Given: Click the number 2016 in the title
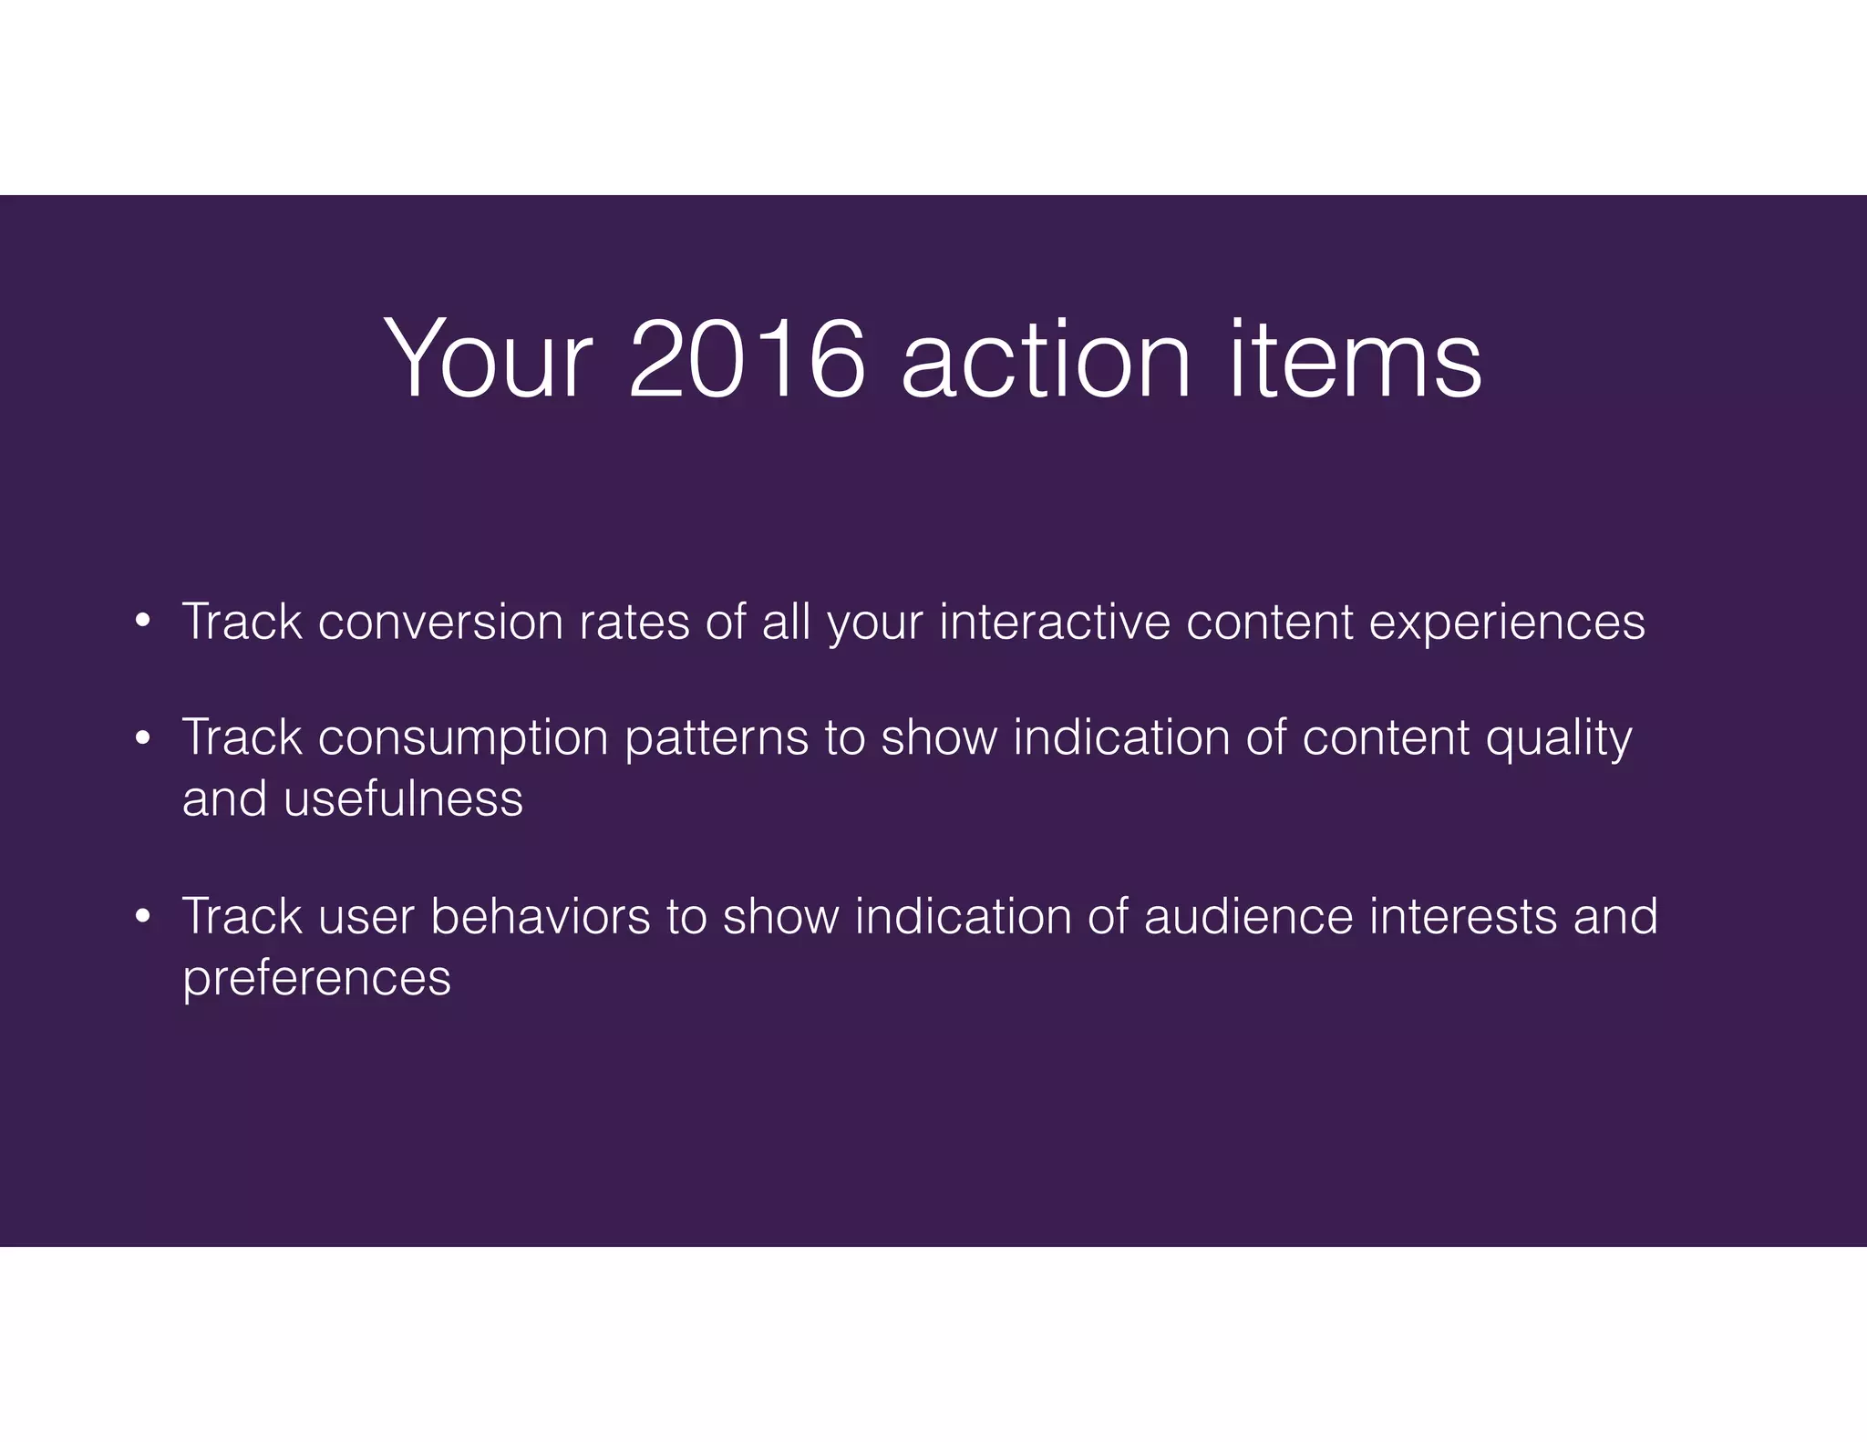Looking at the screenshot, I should [746, 359].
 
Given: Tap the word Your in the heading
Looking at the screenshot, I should [488, 359].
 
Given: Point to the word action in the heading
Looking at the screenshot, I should [1046, 359].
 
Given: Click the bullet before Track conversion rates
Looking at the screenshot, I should [141, 623].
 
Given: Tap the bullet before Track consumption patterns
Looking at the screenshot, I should [141, 737].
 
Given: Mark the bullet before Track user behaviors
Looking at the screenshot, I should [141, 917].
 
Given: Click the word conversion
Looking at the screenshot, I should [440, 623].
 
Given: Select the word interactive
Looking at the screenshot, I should [1055, 623].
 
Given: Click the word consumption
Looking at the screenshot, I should [463, 737].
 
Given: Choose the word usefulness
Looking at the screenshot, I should [403, 799].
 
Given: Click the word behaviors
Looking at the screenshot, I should [541, 917].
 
